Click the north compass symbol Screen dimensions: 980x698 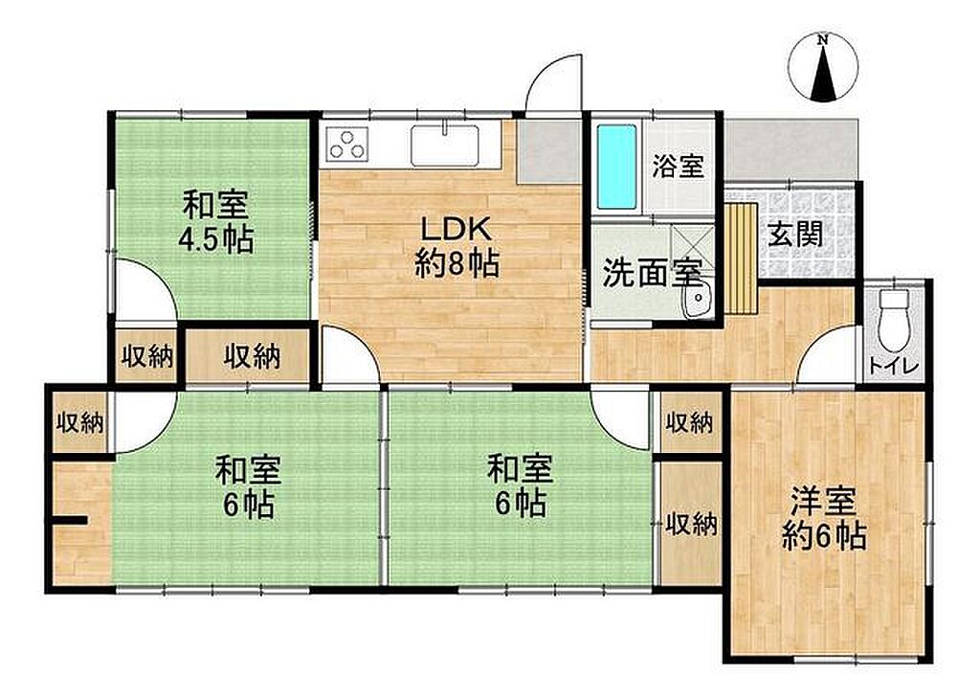(x=823, y=67)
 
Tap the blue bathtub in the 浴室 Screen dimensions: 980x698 (x=616, y=167)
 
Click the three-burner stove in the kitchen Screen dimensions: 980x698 (x=346, y=144)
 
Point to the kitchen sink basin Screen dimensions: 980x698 (x=445, y=146)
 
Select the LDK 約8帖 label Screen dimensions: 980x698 (x=457, y=246)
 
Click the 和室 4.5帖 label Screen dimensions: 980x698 (x=216, y=221)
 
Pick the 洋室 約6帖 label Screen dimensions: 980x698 (x=824, y=519)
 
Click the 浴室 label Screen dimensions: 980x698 (x=679, y=166)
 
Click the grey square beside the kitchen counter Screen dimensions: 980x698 (x=549, y=152)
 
